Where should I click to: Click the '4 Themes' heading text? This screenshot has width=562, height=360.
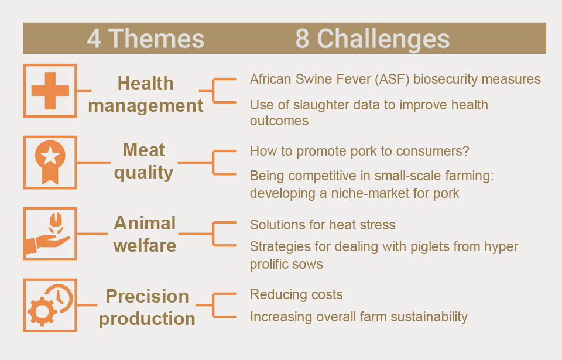146,39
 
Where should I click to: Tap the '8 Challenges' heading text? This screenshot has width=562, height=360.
372,39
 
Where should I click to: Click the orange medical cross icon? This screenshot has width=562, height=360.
50,91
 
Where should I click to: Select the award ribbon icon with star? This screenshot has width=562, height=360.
50,162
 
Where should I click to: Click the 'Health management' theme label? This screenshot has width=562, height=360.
146,94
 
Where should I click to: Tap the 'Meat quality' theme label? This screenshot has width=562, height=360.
144,161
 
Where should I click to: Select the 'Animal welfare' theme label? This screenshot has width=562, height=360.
145,234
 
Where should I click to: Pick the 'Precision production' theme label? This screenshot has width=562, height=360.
147,307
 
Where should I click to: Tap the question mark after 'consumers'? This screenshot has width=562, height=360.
465,151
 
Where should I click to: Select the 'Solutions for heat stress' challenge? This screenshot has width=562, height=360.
323,225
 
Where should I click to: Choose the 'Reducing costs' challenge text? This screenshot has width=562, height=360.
296,295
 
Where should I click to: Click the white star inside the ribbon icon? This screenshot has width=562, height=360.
50,155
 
